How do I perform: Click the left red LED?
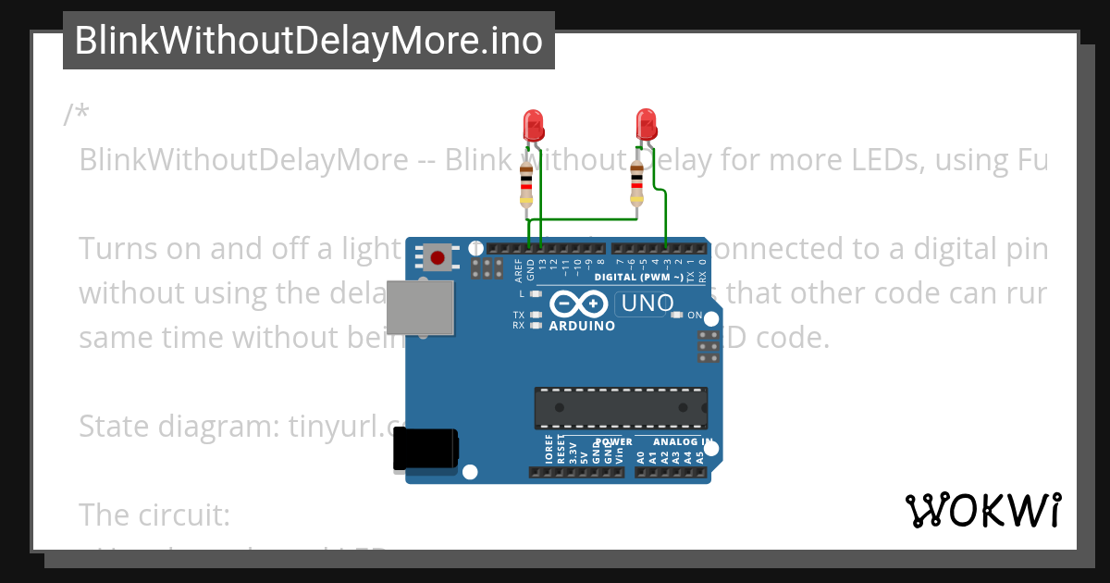click(533, 125)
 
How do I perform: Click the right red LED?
click(646, 124)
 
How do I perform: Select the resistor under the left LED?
click(526, 185)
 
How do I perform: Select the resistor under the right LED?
click(636, 181)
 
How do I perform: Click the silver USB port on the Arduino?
click(421, 307)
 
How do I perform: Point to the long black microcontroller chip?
click(620, 408)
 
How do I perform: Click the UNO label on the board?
click(647, 303)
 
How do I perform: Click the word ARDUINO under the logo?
click(582, 326)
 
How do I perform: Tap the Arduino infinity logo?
click(580, 304)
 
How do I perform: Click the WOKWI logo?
click(982, 510)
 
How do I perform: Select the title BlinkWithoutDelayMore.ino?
click(308, 41)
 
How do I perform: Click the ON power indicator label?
click(695, 316)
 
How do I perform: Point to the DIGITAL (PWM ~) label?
click(639, 278)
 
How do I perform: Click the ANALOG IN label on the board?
click(683, 441)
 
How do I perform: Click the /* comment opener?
click(77, 115)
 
